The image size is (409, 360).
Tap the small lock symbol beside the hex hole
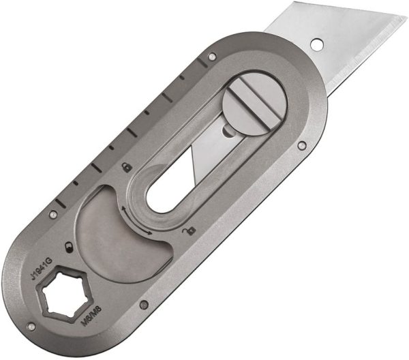click(67, 247)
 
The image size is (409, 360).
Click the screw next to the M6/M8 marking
click(144, 304)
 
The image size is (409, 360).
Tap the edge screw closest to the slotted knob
click(301, 144)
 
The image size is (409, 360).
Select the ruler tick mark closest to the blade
click(200, 65)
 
